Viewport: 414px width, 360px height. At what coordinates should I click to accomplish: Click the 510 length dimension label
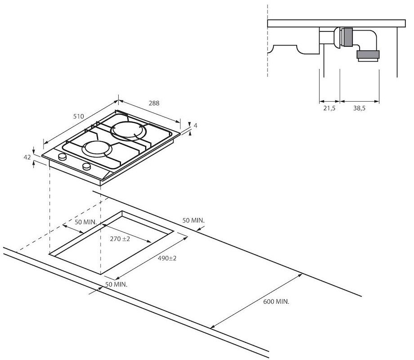[x=78, y=116]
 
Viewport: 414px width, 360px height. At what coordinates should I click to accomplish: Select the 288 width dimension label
[x=154, y=103]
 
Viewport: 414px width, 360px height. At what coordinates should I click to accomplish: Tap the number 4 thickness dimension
[x=196, y=126]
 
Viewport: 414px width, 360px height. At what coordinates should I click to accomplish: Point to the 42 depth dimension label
[x=27, y=157]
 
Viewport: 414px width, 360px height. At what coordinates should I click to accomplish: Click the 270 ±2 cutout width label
[x=120, y=238]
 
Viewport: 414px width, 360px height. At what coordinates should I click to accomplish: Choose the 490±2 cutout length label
[x=167, y=258]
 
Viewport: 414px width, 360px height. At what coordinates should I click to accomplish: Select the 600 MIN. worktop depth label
[x=276, y=301]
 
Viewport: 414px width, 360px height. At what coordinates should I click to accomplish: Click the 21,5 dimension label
[x=329, y=108]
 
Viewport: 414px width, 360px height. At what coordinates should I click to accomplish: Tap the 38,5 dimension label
[x=359, y=108]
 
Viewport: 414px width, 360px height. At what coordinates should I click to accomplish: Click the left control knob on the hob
[x=62, y=157]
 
